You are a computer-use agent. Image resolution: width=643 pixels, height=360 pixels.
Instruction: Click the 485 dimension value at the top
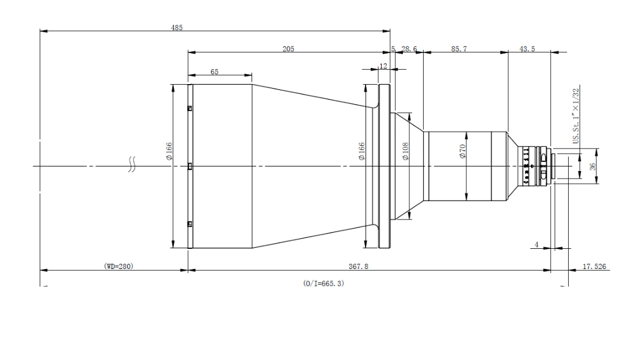[x=177, y=28]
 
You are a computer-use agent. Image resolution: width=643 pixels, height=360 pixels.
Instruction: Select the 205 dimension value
[x=288, y=49]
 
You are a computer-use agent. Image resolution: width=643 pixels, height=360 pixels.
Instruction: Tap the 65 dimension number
[x=215, y=72]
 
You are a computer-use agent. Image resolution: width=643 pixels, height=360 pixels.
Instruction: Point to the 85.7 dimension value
[x=459, y=49]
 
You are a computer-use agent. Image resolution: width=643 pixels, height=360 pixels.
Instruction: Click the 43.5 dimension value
[x=527, y=49]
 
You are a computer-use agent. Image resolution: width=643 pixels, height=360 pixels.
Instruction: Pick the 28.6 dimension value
[x=409, y=49]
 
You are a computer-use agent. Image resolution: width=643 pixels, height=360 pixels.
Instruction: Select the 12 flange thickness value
[x=383, y=66]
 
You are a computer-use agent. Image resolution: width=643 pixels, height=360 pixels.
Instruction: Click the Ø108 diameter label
[x=405, y=151]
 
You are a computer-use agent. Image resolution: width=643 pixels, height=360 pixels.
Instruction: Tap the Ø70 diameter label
[x=463, y=151]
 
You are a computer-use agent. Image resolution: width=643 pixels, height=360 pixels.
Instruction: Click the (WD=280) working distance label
[x=119, y=267]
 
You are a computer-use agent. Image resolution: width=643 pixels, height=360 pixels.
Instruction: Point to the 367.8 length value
[x=359, y=267]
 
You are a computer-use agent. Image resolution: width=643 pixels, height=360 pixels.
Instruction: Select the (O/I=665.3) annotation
[x=324, y=283]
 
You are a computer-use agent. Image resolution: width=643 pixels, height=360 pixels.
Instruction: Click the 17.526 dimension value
[x=594, y=267]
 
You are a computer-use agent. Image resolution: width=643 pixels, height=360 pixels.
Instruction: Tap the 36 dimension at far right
[x=592, y=166]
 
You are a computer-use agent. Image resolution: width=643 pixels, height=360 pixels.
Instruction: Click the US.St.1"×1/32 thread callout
[x=576, y=116]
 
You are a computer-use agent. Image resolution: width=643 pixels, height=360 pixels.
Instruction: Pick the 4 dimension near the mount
[x=537, y=245]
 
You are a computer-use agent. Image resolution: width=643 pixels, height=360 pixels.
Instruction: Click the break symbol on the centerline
[x=132, y=164]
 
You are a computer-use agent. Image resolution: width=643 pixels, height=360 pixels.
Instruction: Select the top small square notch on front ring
[x=190, y=108]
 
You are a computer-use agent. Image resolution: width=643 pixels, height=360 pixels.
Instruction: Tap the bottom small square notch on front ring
[x=190, y=224]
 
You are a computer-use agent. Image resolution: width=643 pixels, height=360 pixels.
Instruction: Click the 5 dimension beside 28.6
[x=393, y=49]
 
